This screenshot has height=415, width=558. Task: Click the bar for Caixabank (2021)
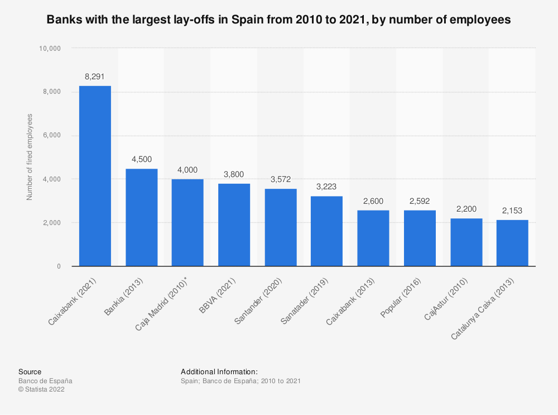click(95, 176)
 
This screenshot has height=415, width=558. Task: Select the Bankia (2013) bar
click(141, 217)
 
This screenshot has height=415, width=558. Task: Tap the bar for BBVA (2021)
click(234, 225)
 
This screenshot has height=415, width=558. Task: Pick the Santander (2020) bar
click(280, 227)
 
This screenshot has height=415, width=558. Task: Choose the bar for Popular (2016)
click(420, 238)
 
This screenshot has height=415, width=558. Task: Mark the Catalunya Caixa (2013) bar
click(512, 243)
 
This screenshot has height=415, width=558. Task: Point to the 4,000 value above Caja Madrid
click(187, 170)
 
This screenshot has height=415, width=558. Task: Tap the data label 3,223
click(326, 187)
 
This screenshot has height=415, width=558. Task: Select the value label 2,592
click(420, 201)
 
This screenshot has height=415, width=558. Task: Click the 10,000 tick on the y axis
click(49, 48)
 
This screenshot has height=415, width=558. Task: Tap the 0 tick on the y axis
click(59, 266)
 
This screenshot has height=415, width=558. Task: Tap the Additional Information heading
click(219, 371)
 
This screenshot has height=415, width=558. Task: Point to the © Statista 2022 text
click(41, 390)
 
